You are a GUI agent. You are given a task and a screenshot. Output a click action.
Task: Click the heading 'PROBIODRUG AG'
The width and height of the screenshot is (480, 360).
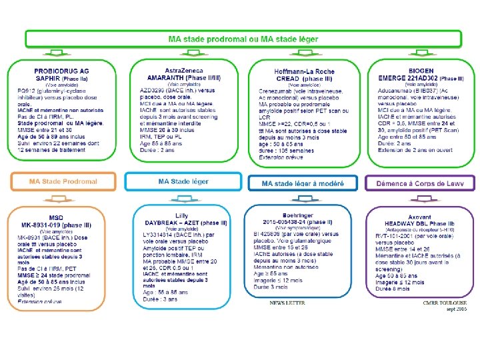coord(61,71)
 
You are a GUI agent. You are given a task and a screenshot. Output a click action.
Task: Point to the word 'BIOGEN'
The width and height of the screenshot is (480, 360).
coord(421,71)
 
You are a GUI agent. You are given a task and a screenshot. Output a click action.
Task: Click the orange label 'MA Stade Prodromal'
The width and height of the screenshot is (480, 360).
coord(63,181)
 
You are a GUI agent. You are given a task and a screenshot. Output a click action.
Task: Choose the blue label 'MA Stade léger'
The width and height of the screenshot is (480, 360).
coord(183,181)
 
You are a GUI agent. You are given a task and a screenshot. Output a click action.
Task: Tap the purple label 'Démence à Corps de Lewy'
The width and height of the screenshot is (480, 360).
coord(420,183)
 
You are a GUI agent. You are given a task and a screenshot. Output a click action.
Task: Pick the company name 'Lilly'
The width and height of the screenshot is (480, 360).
coord(182,215)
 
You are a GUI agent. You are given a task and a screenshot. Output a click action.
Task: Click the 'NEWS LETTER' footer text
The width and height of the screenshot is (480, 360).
coord(287,303)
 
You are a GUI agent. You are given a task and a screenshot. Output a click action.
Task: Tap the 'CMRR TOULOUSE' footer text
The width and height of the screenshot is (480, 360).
coord(446,303)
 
